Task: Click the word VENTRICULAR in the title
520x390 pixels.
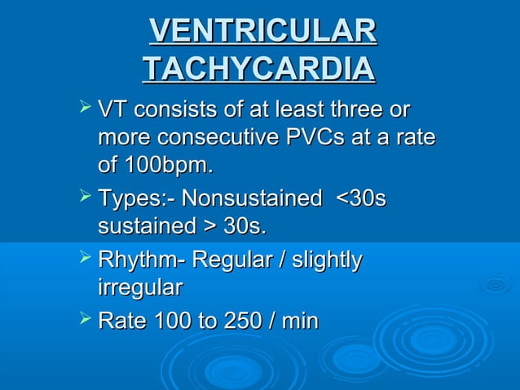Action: pyautogui.click(x=262, y=32)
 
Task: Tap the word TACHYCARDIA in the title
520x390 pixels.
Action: pyautogui.click(x=259, y=69)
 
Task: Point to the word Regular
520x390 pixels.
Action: pyautogui.click(x=232, y=261)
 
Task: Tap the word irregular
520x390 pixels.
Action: pyautogui.click(x=140, y=287)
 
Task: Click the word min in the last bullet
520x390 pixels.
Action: pyautogui.click(x=299, y=322)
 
